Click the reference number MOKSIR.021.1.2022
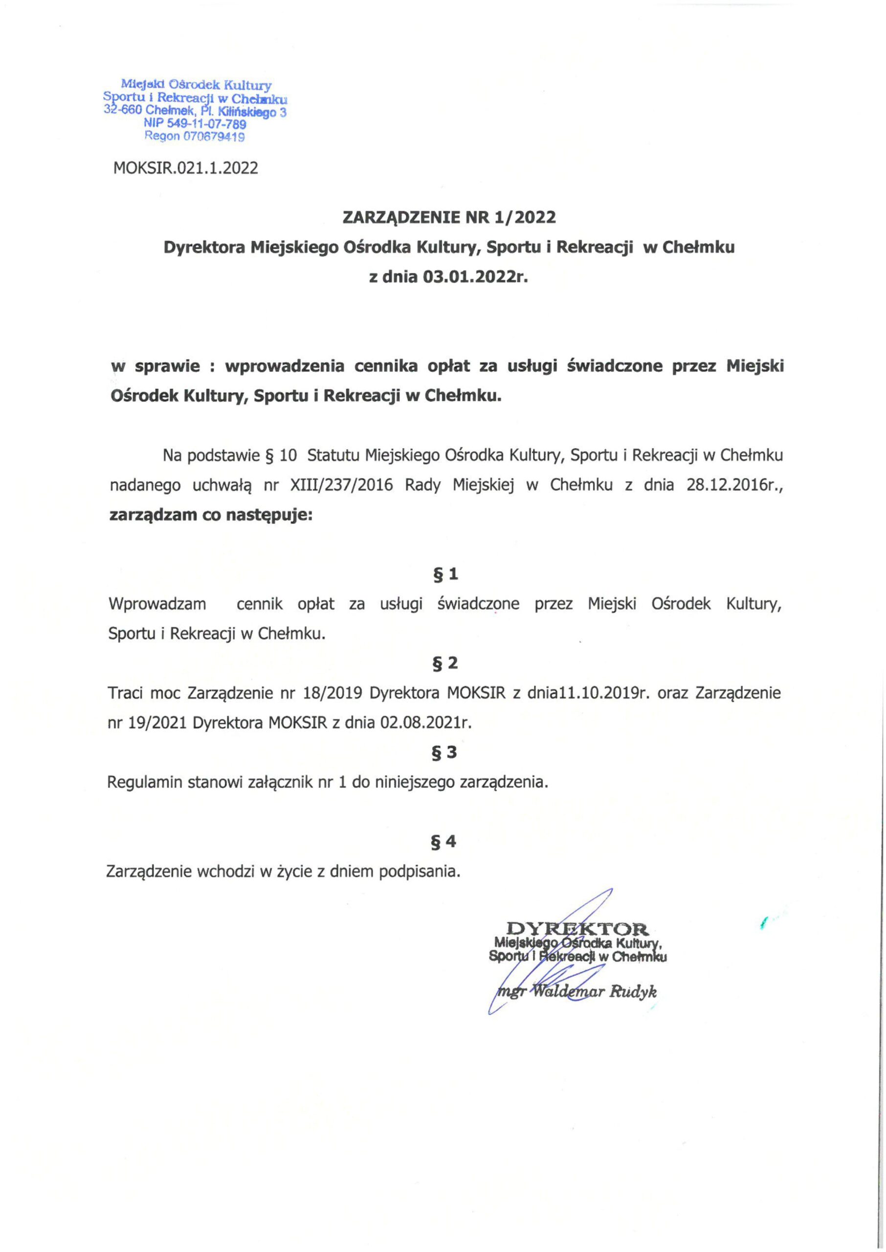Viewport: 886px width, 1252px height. tap(185, 168)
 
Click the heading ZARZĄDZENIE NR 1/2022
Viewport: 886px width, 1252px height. tap(449, 218)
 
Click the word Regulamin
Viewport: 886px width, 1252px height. tap(145, 783)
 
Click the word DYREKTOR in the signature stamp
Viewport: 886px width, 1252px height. tap(577, 928)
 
